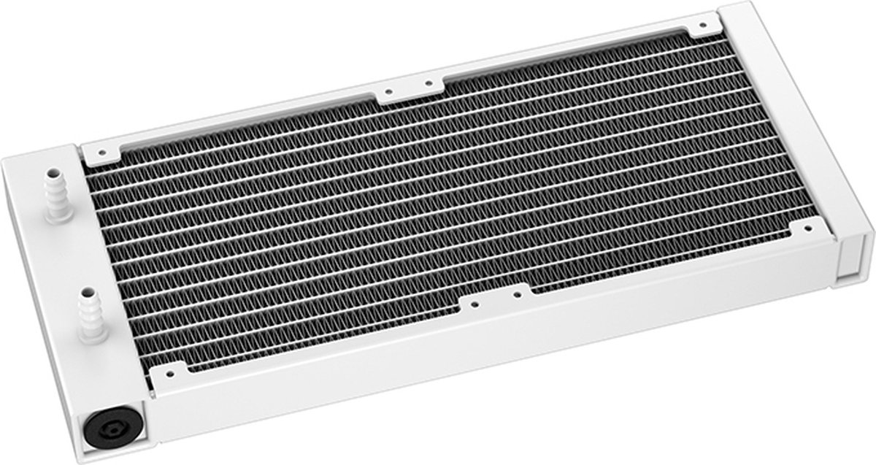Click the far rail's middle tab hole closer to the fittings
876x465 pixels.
tap(388, 93)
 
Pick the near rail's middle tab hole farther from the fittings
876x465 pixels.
tap(519, 292)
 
